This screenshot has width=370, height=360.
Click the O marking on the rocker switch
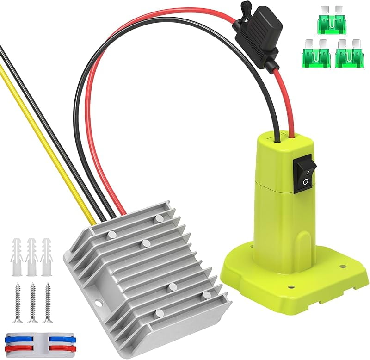(305, 182)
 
